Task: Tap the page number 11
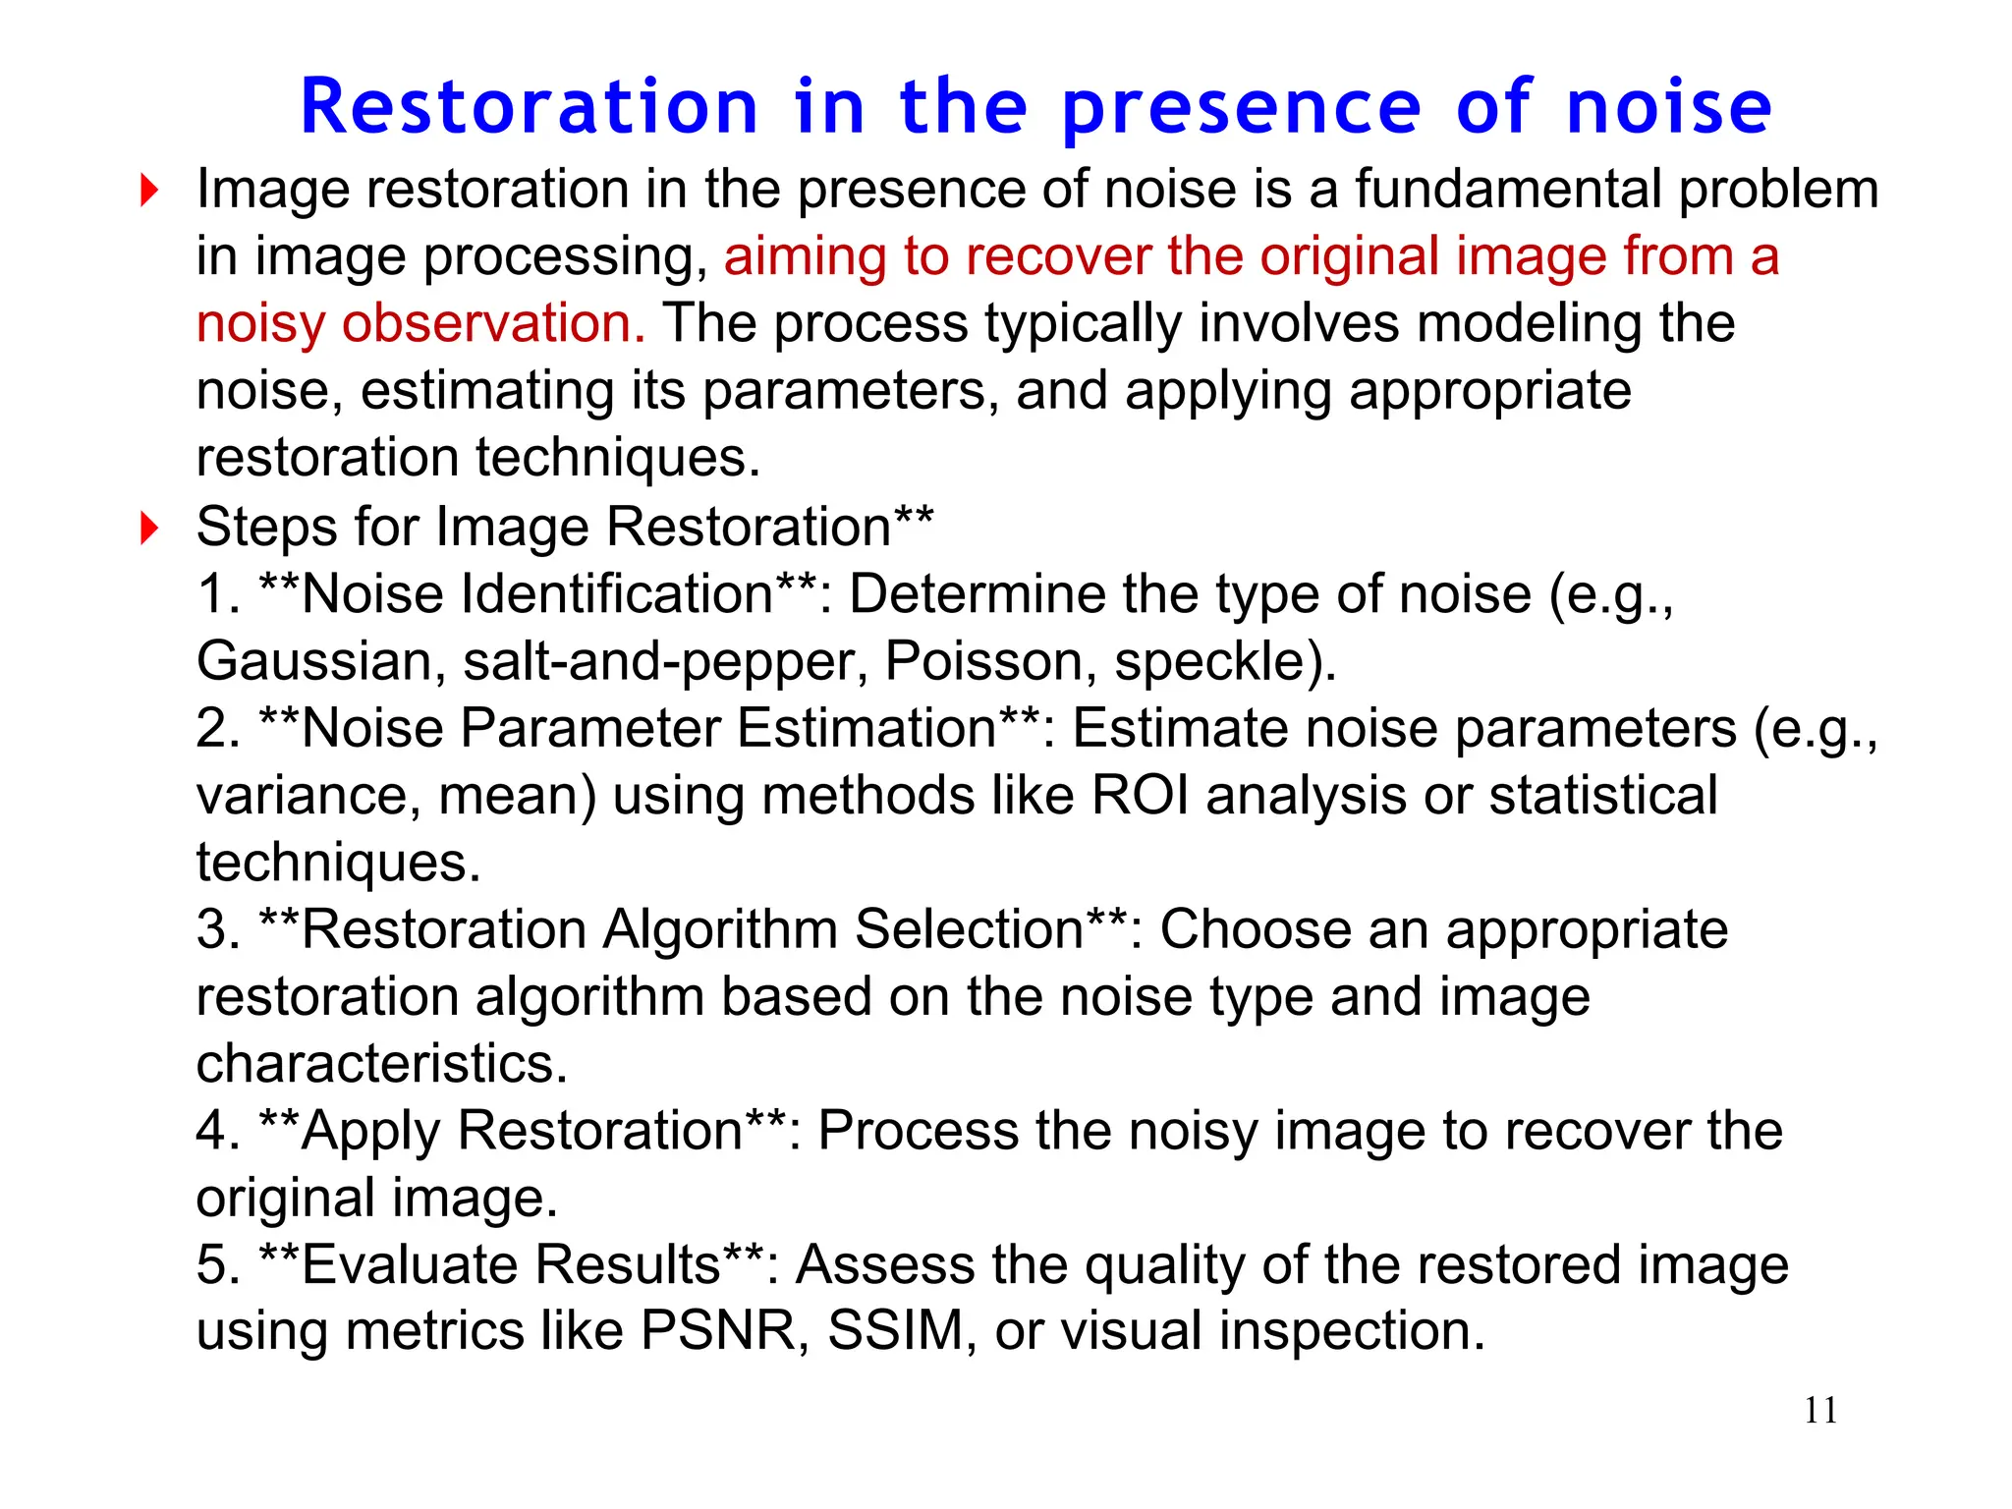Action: pos(1820,1411)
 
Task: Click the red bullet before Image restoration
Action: pos(149,190)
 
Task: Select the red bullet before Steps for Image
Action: pos(149,528)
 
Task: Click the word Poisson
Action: pos(990,661)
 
